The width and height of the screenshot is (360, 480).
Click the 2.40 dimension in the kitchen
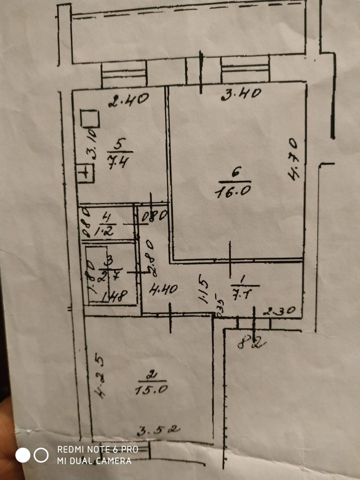coord(129,100)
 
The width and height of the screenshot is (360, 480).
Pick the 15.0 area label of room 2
coord(151,389)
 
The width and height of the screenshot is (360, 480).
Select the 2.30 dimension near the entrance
coord(279,310)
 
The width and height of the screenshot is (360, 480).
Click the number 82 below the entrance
coord(251,342)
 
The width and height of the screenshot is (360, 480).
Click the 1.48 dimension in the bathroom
coord(115,297)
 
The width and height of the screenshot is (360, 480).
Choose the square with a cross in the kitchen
coord(86,173)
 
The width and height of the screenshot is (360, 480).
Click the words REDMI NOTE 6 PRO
coord(97,449)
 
